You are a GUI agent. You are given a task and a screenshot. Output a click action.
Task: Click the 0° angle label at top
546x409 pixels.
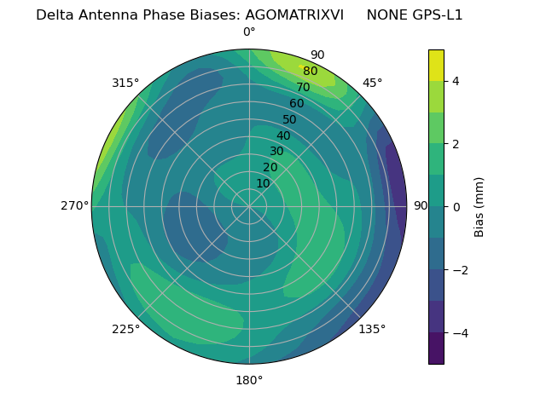pyautogui.click(x=249, y=32)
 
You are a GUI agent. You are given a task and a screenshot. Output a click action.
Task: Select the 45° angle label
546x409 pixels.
pyautogui.click(x=372, y=83)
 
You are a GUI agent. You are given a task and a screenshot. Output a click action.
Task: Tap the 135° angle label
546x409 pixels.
pyautogui.click(x=372, y=329)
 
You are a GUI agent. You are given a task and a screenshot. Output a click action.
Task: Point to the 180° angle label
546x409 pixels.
pyautogui.click(x=249, y=380)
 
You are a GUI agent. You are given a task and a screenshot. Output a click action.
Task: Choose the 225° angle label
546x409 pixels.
pyautogui.click(x=125, y=330)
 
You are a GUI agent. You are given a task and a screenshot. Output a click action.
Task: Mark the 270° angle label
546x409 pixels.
pyautogui.click(x=74, y=206)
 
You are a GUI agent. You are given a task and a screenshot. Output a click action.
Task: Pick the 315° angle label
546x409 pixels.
pyautogui.click(x=125, y=83)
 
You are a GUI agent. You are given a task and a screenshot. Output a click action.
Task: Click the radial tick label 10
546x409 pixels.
pyautogui.click(x=263, y=183)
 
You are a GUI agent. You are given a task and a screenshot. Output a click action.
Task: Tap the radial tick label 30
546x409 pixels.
pyautogui.click(x=276, y=152)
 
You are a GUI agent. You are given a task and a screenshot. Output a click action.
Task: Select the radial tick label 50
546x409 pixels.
pyautogui.click(x=290, y=120)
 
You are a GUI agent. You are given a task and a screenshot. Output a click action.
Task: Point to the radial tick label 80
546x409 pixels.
pyautogui.click(x=311, y=72)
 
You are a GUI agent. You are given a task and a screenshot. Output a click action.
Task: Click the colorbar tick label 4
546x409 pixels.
pyautogui.click(x=456, y=81)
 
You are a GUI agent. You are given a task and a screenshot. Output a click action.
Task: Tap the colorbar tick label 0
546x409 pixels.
pyautogui.click(x=456, y=207)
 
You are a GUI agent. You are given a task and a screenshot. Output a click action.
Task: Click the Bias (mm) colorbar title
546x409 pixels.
pyautogui.click(x=479, y=207)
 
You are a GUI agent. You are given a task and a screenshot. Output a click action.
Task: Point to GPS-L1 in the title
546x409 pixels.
pyautogui.click(x=435, y=15)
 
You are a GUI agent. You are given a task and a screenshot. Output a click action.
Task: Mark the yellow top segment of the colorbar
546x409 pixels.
pyautogui.click(x=436, y=65)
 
